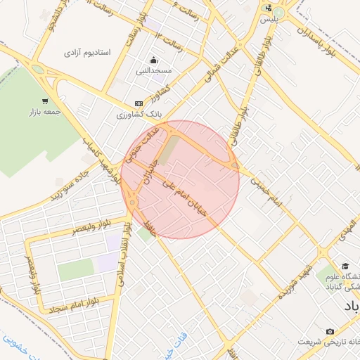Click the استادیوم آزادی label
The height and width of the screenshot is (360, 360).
pyautogui.click(x=88, y=53)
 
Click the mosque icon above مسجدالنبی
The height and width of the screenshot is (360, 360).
pyautogui.click(x=154, y=59)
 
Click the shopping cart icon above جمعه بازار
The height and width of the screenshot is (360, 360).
pyautogui.click(x=44, y=101)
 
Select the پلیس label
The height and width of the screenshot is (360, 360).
pyautogui.click(x=268, y=19)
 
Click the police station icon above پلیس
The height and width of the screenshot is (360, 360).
pyautogui.click(x=268, y=8)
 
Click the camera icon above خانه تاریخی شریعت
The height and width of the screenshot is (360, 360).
pyautogui.click(x=330, y=331)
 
